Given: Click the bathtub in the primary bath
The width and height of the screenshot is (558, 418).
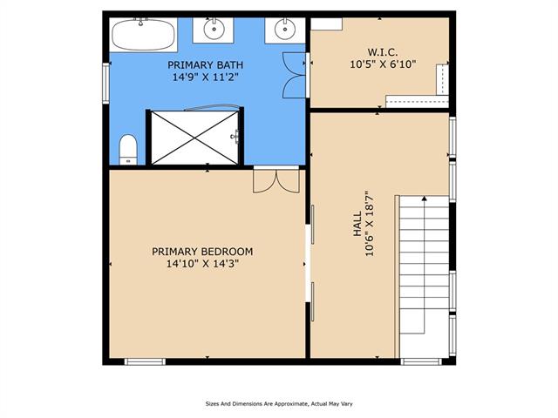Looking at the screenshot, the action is pyautogui.click(x=143, y=35).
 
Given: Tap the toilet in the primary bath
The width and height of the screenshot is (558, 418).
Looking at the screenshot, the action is pyautogui.click(x=128, y=150).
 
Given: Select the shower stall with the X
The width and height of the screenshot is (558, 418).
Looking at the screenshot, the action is pyautogui.click(x=194, y=138).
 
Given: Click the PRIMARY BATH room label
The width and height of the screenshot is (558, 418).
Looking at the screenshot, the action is pyautogui.click(x=206, y=65).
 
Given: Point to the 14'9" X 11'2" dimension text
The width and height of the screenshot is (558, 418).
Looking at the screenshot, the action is pyautogui.click(x=206, y=77).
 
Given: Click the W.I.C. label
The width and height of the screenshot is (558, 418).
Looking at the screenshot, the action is pyautogui.click(x=383, y=52).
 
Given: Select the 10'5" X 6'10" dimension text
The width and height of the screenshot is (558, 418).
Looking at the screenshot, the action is pyautogui.click(x=383, y=64).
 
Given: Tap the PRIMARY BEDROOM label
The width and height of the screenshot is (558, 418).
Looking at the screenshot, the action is pyautogui.click(x=202, y=252).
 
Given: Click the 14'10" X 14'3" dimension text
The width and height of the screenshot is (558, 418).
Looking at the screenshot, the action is pyautogui.click(x=202, y=264).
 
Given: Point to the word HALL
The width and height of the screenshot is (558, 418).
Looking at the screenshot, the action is pyautogui.click(x=357, y=224).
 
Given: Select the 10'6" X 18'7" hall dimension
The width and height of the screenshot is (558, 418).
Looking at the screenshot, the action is pyautogui.click(x=370, y=224).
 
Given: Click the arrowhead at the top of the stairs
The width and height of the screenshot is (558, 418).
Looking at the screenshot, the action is pyautogui.click(x=424, y=199).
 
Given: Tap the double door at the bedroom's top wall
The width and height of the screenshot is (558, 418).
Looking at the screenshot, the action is pyautogui.click(x=276, y=180).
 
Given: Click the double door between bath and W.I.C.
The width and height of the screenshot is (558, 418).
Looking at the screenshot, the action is pyautogui.click(x=295, y=75).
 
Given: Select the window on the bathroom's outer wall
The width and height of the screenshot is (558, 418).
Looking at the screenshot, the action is pyautogui.click(x=106, y=84).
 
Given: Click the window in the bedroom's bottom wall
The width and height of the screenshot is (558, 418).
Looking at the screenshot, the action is pyautogui.click(x=145, y=362).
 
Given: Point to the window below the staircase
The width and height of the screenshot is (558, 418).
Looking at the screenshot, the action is pyautogui.click(x=421, y=362).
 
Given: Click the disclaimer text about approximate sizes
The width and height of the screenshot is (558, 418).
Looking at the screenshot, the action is pyautogui.click(x=279, y=404).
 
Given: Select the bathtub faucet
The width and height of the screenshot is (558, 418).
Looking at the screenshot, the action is pyautogui.click(x=141, y=22).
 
